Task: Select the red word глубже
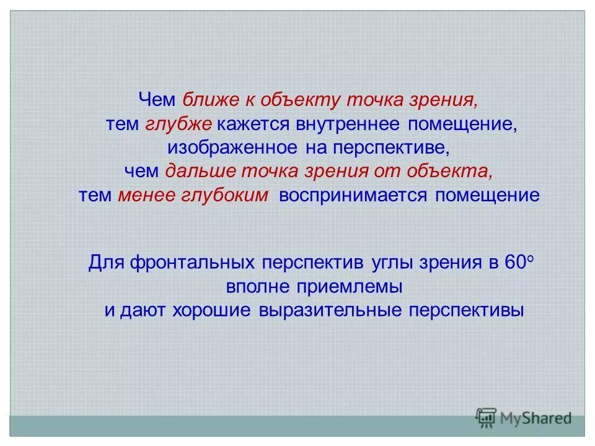(x=179, y=123)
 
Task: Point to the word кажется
(x=255, y=123)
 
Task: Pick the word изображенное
(x=232, y=147)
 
